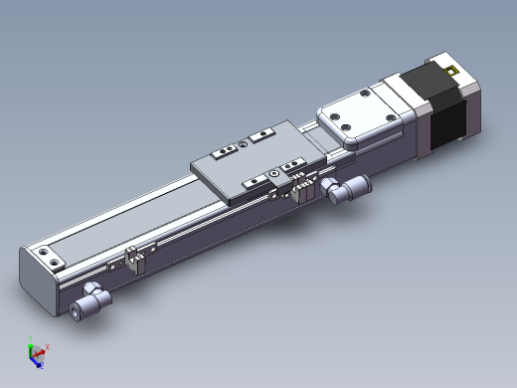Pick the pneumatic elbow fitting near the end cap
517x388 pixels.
point(92,297)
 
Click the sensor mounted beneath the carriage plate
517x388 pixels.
point(302,189)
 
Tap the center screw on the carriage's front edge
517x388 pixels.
point(274,174)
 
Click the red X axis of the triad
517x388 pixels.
point(44,349)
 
